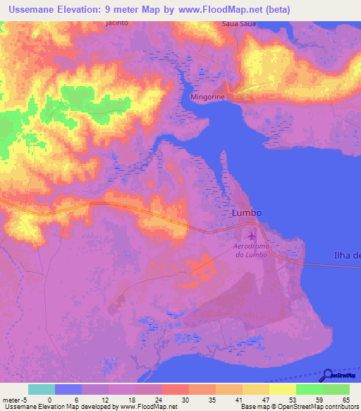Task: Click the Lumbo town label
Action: (247, 213)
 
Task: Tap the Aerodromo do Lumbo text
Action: (250, 250)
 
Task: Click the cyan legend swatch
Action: (42, 389)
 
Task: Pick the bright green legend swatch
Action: (309, 389)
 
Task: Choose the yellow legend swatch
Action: (282, 389)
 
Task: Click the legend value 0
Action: (49, 399)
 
